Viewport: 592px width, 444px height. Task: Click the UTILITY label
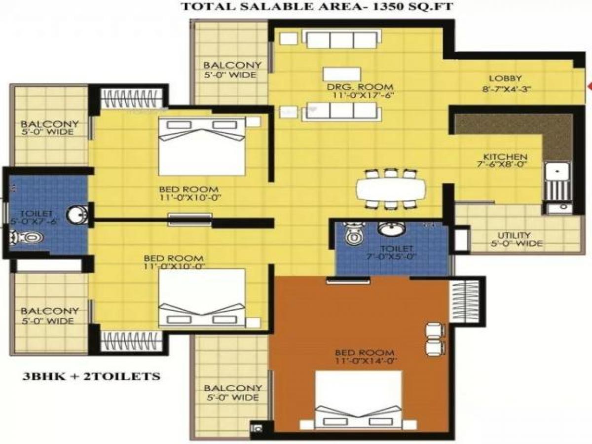click(514, 235)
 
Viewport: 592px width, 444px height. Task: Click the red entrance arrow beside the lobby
click(589, 86)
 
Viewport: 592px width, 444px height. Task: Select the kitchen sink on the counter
click(557, 172)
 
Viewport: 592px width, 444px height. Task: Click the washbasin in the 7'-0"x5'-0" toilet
click(392, 228)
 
